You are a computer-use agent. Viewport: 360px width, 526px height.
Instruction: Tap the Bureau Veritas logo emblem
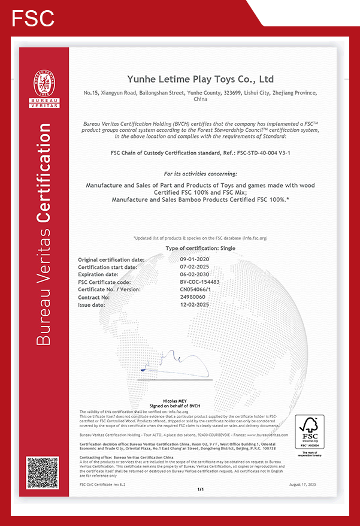(45, 90)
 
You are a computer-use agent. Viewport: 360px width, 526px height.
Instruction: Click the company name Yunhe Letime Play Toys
(200, 79)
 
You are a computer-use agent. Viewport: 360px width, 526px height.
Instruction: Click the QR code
(43, 473)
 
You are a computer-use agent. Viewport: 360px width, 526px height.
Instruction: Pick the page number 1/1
(201, 489)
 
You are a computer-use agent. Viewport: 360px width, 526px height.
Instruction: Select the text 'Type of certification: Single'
(200, 248)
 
